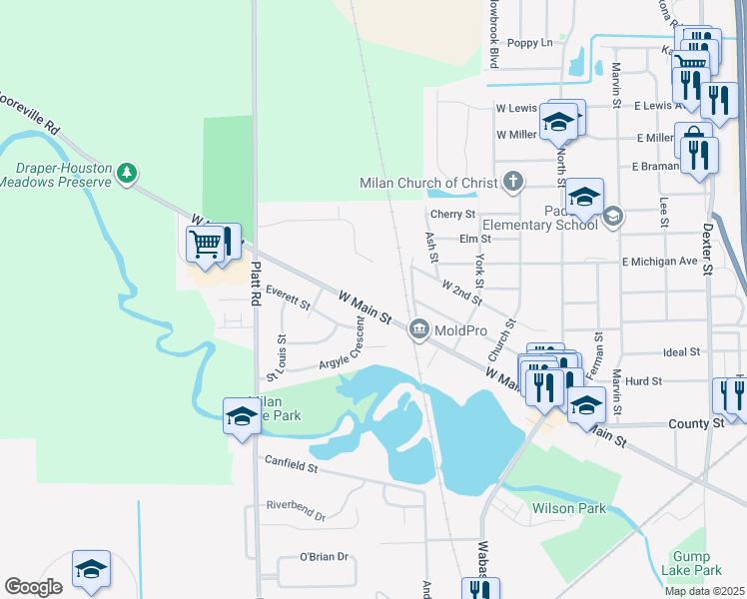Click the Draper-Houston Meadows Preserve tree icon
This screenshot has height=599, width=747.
pos(127,173)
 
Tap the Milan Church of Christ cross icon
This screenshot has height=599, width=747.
pos(512,183)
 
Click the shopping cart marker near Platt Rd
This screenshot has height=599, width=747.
pos(205,243)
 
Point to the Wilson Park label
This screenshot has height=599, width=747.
pos(569,508)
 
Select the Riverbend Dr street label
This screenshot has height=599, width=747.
pos(297,510)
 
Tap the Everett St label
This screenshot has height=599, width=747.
pos(289,297)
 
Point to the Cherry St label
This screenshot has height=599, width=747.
pos(452,215)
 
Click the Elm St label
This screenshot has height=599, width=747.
pos(475,240)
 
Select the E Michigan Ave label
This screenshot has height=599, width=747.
pos(659,262)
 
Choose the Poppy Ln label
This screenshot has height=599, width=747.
pos(530,43)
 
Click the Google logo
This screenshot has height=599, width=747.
pos(33,587)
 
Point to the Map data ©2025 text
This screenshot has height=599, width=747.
pos(704,591)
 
